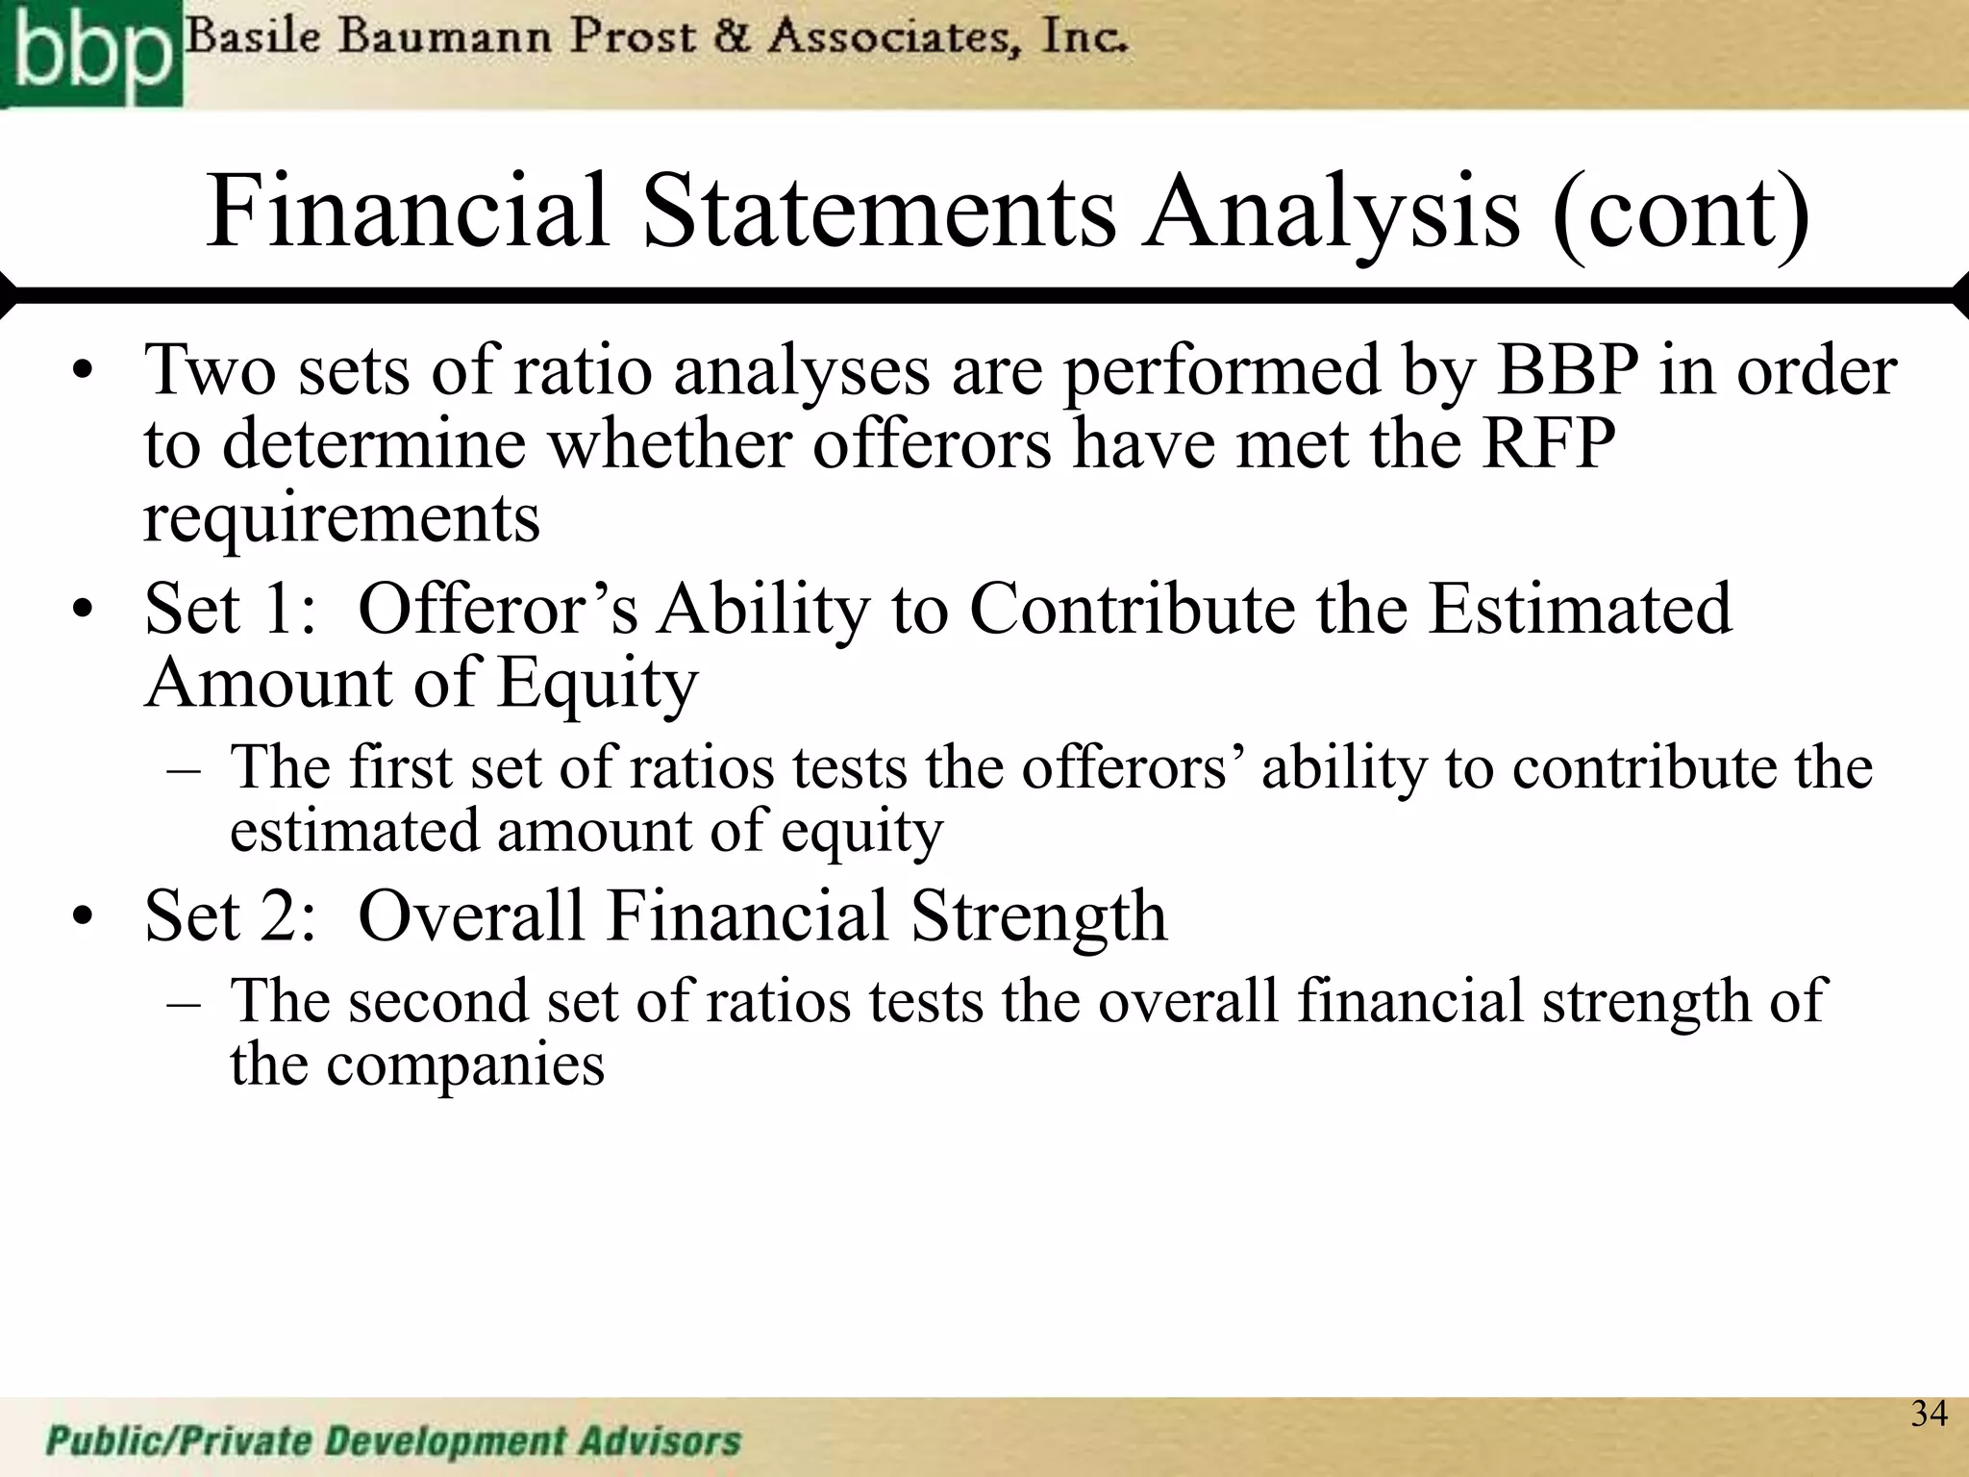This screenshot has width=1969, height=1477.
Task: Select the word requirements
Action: pyautogui.click(x=341, y=519)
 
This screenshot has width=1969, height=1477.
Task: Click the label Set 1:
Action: pyautogui.click(x=230, y=609)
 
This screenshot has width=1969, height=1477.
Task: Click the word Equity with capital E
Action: pyautogui.click(x=597, y=684)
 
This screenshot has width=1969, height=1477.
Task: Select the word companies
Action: pyautogui.click(x=465, y=1064)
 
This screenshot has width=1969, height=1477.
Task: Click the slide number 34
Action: pyautogui.click(x=1929, y=1414)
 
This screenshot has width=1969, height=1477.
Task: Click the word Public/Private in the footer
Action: pyautogui.click(x=179, y=1441)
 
